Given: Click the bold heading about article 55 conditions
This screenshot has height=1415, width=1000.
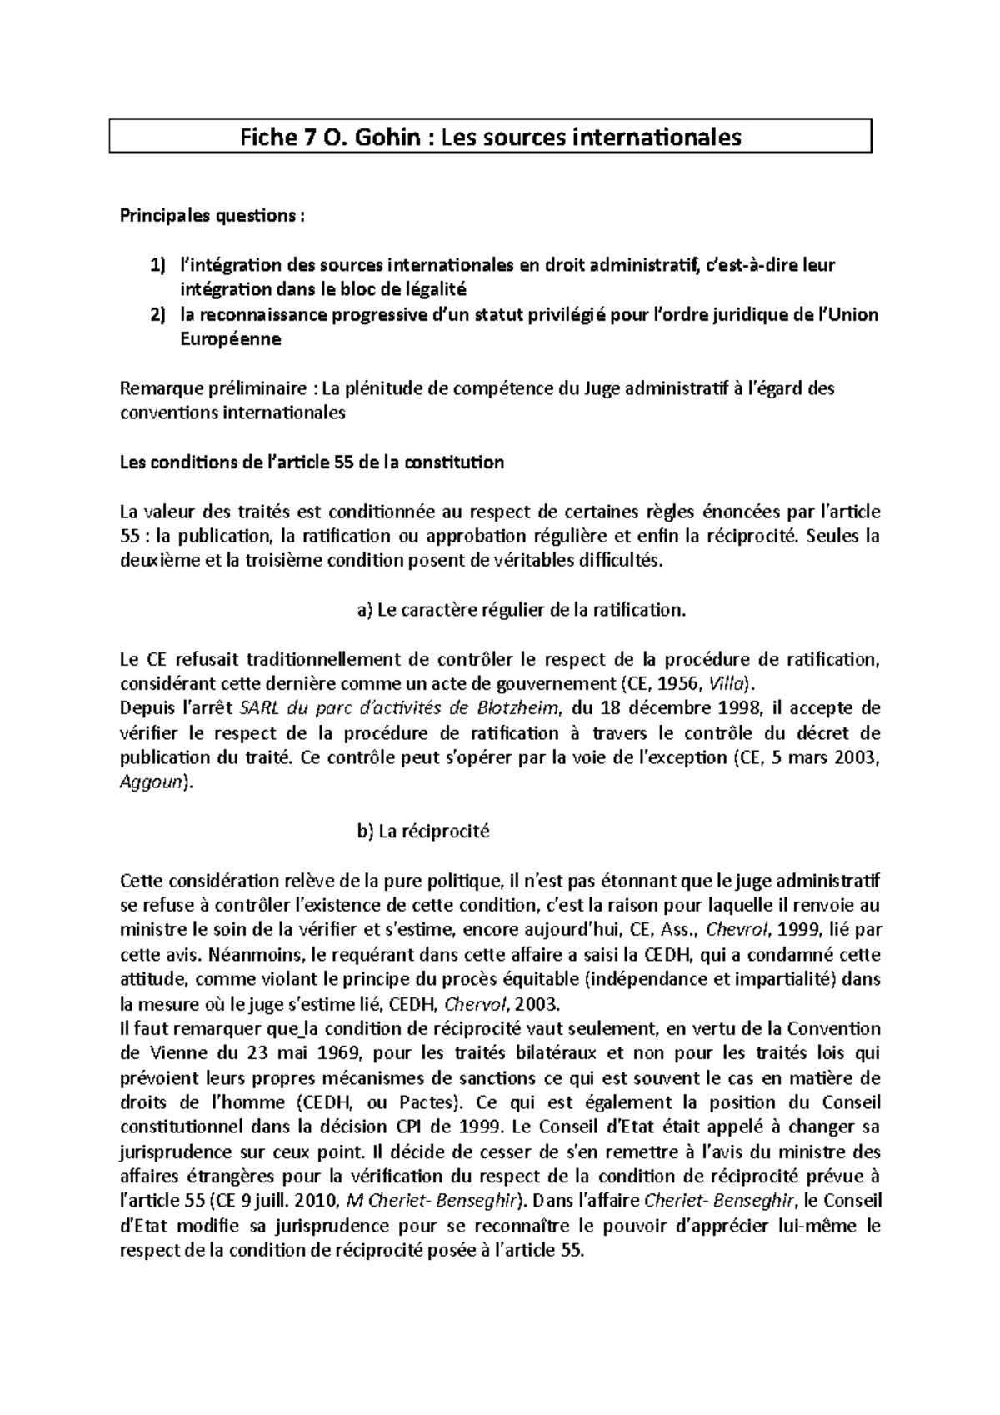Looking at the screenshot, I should [x=312, y=462].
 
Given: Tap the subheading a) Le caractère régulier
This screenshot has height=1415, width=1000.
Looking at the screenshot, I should [x=521, y=611].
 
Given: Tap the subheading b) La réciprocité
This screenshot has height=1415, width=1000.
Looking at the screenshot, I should [x=423, y=832].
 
